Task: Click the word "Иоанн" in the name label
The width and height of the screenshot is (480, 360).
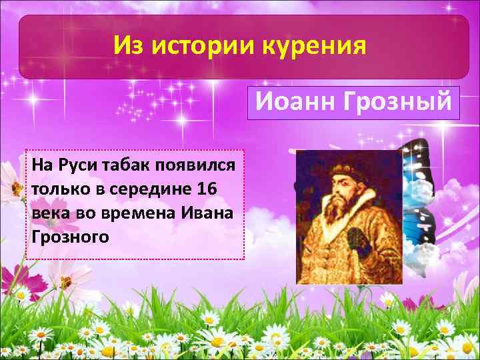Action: [289, 103]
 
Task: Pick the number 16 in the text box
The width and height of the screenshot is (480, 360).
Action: [207, 189]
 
